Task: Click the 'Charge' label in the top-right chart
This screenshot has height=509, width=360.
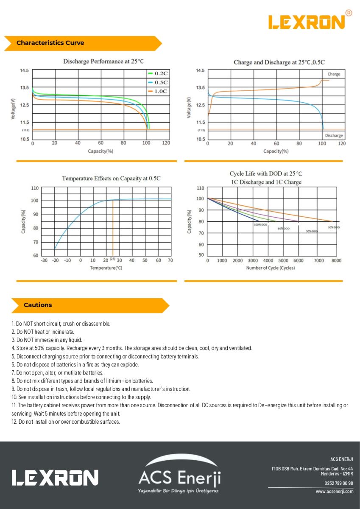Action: coord(334,74)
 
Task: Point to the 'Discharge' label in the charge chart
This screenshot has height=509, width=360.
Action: coord(334,136)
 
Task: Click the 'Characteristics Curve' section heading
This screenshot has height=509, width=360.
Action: coord(50,43)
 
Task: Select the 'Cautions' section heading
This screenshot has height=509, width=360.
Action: coord(38,305)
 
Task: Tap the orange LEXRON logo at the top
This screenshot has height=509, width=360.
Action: coord(307,22)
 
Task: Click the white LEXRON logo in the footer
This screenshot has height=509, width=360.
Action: coord(55,478)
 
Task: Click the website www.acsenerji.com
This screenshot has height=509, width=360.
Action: coord(334,492)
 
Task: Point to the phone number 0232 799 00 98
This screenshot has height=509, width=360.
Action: coord(338,483)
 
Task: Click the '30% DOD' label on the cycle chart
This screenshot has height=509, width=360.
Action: coord(334,227)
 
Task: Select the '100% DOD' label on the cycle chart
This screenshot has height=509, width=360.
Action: coord(260,224)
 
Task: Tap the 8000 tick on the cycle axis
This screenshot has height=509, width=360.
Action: coord(336,261)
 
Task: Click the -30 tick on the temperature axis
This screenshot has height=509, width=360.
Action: coord(44,260)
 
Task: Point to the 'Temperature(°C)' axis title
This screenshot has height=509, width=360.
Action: coord(106,268)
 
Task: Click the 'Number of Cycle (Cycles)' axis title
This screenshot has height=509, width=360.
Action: coord(270,268)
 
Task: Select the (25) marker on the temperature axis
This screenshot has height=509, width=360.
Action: coord(112,259)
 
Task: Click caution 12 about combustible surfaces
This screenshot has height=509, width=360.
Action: coord(66,422)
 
